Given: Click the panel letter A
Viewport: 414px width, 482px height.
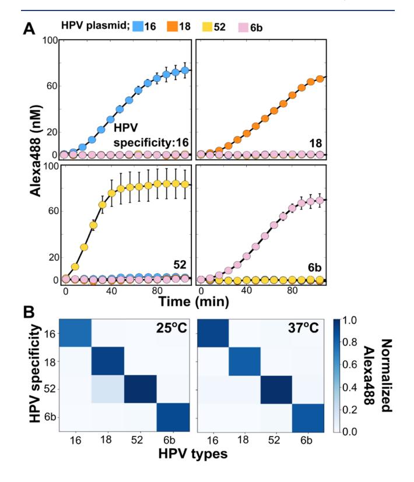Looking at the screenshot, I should click(36, 27).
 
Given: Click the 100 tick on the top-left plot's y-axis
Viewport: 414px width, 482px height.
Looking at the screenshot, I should click(48, 40).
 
